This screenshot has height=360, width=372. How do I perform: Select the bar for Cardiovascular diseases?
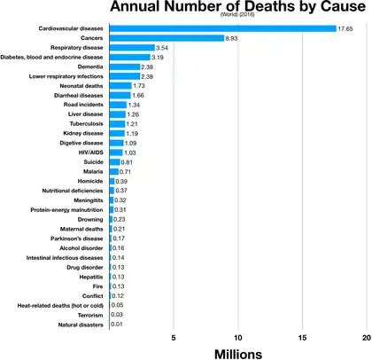(222, 28)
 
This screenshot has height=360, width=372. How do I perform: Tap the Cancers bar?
(167, 38)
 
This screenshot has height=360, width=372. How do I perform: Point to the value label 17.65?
(347, 28)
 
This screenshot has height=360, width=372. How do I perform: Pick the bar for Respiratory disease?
(131, 48)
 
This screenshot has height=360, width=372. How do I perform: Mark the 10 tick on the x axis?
(238, 339)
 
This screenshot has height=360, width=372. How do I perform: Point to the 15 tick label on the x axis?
(303, 339)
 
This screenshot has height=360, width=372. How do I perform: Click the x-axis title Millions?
(237, 354)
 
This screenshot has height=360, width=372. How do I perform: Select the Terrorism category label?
(87, 315)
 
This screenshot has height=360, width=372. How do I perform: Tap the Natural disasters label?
(78, 325)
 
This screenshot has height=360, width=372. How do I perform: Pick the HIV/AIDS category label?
(88, 153)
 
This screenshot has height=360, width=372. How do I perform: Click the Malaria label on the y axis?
(91, 171)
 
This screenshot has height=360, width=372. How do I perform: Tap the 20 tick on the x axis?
(367, 339)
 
